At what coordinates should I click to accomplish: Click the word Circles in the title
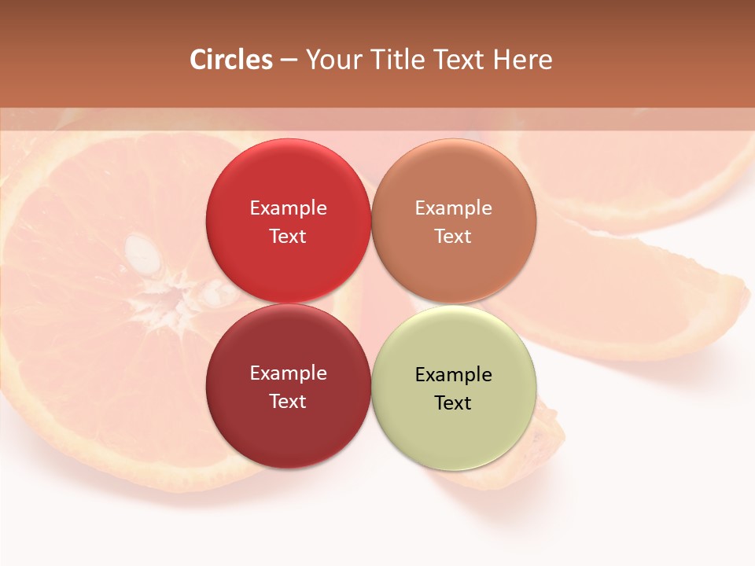click(x=231, y=60)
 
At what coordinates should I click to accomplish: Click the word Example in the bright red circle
click(x=288, y=208)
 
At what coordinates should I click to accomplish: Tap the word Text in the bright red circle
click(x=288, y=237)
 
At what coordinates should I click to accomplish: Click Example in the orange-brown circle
click(x=453, y=208)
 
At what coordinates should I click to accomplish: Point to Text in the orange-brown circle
click(x=453, y=237)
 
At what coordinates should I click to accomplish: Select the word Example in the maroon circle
click(x=288, y=373)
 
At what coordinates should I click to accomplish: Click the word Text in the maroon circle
click(x=288, y=402)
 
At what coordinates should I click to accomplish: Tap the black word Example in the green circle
click(x=453, y=375)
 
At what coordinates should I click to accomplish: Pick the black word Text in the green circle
click(x=453, y=403)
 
